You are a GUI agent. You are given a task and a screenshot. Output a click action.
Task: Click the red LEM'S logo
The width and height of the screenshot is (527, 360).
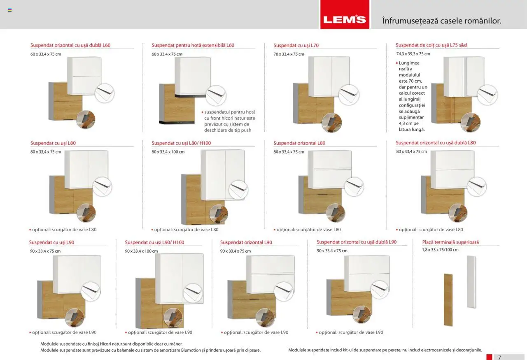(x=345, y=19)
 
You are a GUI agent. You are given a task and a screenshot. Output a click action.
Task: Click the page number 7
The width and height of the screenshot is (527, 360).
(x=499, y=357)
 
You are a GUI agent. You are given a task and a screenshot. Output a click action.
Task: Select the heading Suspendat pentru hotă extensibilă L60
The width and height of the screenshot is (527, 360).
(x=193, y=45)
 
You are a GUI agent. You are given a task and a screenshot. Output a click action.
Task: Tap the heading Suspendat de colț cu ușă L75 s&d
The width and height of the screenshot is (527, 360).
(x=431, y=45)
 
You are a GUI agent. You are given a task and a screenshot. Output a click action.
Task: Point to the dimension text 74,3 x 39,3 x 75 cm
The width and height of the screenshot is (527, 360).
(x=413, y=54)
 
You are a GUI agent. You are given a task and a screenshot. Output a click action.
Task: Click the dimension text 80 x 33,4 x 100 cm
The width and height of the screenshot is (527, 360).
(x=168, y=152)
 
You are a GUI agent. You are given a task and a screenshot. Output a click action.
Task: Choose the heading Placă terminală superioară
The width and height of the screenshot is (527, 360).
(x=450, y=242)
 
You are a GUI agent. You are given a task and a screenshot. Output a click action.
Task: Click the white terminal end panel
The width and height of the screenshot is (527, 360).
(x=471, y=281)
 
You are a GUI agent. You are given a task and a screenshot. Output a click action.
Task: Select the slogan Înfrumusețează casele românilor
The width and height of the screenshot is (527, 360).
(x=441, y=21)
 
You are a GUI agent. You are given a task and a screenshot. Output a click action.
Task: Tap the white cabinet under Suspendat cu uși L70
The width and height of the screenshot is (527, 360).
(x=329, y=76)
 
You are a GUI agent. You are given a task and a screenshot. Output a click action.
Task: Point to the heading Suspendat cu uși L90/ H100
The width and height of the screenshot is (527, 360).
(x=154, y=242)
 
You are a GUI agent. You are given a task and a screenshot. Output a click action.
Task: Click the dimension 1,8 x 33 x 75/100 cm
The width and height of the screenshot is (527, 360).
(x=440, y=250)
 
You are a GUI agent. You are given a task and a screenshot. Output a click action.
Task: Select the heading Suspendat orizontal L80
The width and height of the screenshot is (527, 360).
(x=299, y=143)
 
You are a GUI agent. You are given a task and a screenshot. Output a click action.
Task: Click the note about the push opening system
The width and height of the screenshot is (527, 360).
(x=230, y=121)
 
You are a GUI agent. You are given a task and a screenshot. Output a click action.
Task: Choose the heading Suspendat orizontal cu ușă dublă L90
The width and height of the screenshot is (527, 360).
(x=357, y=242)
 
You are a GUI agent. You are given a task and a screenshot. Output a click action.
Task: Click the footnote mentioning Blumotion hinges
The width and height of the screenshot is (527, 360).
(x=150, y=350)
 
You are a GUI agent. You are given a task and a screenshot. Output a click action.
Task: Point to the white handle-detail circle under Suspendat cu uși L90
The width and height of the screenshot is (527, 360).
(x=91, y=291)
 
